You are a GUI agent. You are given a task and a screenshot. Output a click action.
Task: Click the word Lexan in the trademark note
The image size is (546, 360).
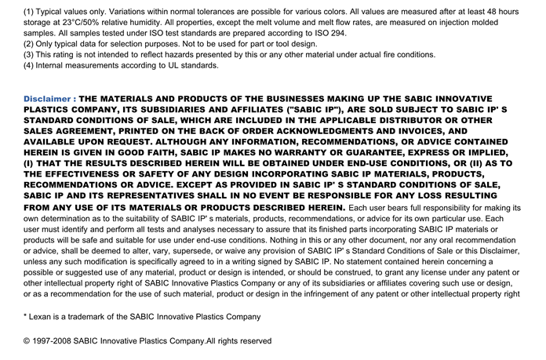[x=43, y=317]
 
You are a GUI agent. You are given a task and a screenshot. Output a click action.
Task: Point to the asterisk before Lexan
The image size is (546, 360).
[x=26, y=316]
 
